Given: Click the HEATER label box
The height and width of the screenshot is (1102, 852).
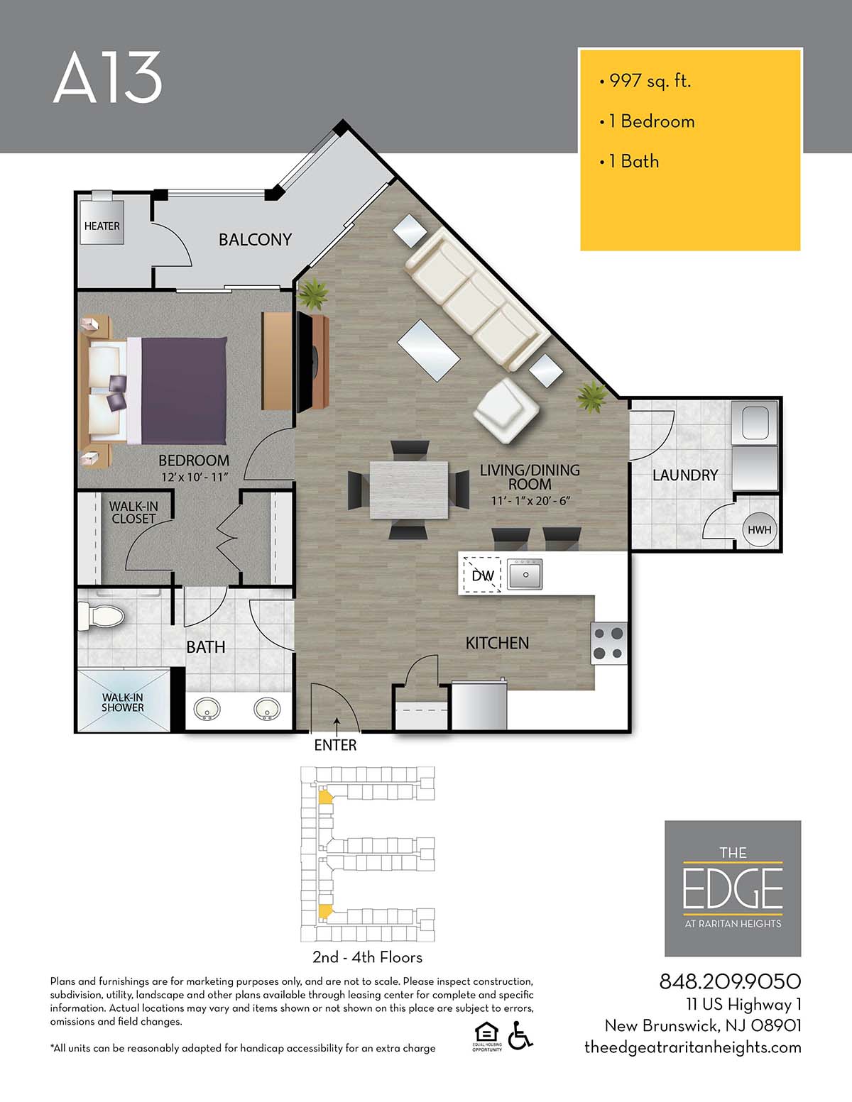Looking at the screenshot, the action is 102,223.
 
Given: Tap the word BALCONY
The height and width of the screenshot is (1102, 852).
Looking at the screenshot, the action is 255,239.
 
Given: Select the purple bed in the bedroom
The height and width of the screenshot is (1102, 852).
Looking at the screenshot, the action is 177,390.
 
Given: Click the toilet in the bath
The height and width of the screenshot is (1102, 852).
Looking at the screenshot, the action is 102,616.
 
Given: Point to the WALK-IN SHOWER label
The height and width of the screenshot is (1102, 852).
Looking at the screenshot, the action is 122,702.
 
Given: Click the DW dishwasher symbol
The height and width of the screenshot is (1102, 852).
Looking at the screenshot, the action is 482,575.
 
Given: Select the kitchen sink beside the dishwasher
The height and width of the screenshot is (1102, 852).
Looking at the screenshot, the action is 525,575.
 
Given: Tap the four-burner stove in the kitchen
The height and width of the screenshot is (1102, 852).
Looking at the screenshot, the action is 609,644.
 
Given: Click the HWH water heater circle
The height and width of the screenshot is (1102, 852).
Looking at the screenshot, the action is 759,530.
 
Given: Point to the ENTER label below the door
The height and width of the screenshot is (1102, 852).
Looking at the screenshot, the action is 335,745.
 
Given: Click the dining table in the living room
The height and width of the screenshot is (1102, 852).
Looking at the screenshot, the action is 409,490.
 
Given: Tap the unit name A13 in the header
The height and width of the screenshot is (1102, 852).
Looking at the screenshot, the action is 108,77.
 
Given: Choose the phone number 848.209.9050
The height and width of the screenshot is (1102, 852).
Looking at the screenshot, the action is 730,982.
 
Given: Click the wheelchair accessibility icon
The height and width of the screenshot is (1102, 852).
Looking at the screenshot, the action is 520,1035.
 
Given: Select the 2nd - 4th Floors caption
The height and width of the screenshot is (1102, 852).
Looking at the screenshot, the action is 367,957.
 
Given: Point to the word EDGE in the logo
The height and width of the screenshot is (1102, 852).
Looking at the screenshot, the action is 733,889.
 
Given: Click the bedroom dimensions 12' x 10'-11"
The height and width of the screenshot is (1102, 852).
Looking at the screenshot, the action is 195,478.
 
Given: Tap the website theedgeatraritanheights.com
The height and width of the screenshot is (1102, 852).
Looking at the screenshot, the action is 693,1047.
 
